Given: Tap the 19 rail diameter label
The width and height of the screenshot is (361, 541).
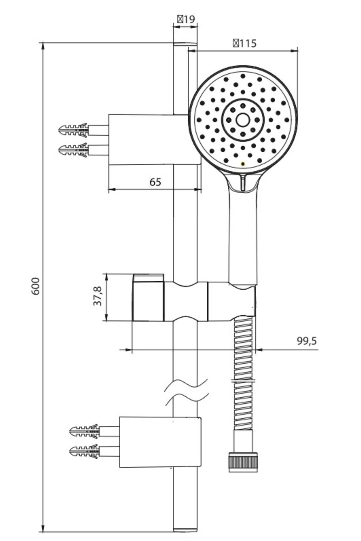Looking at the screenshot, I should tap(186, 19).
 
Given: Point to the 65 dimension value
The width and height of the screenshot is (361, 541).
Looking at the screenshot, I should tap(155, 182).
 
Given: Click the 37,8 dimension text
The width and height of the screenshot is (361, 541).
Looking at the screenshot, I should tap(97, 296).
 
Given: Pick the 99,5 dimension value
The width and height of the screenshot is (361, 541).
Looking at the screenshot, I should tap(307, 341).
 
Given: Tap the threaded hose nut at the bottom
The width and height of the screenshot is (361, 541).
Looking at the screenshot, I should tap(243, 461).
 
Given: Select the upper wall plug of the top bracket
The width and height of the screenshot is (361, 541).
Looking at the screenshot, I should tap(74, 130).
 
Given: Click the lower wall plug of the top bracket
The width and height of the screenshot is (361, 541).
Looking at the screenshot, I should tap(74, 150).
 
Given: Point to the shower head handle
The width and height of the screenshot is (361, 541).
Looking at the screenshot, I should tap(243, 234).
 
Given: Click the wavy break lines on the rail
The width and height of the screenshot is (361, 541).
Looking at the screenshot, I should tap(187, 392).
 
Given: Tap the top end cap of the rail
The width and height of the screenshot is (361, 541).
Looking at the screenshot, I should tap(185, 44).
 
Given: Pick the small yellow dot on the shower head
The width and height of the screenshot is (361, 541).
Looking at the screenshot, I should tap(243, 164).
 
